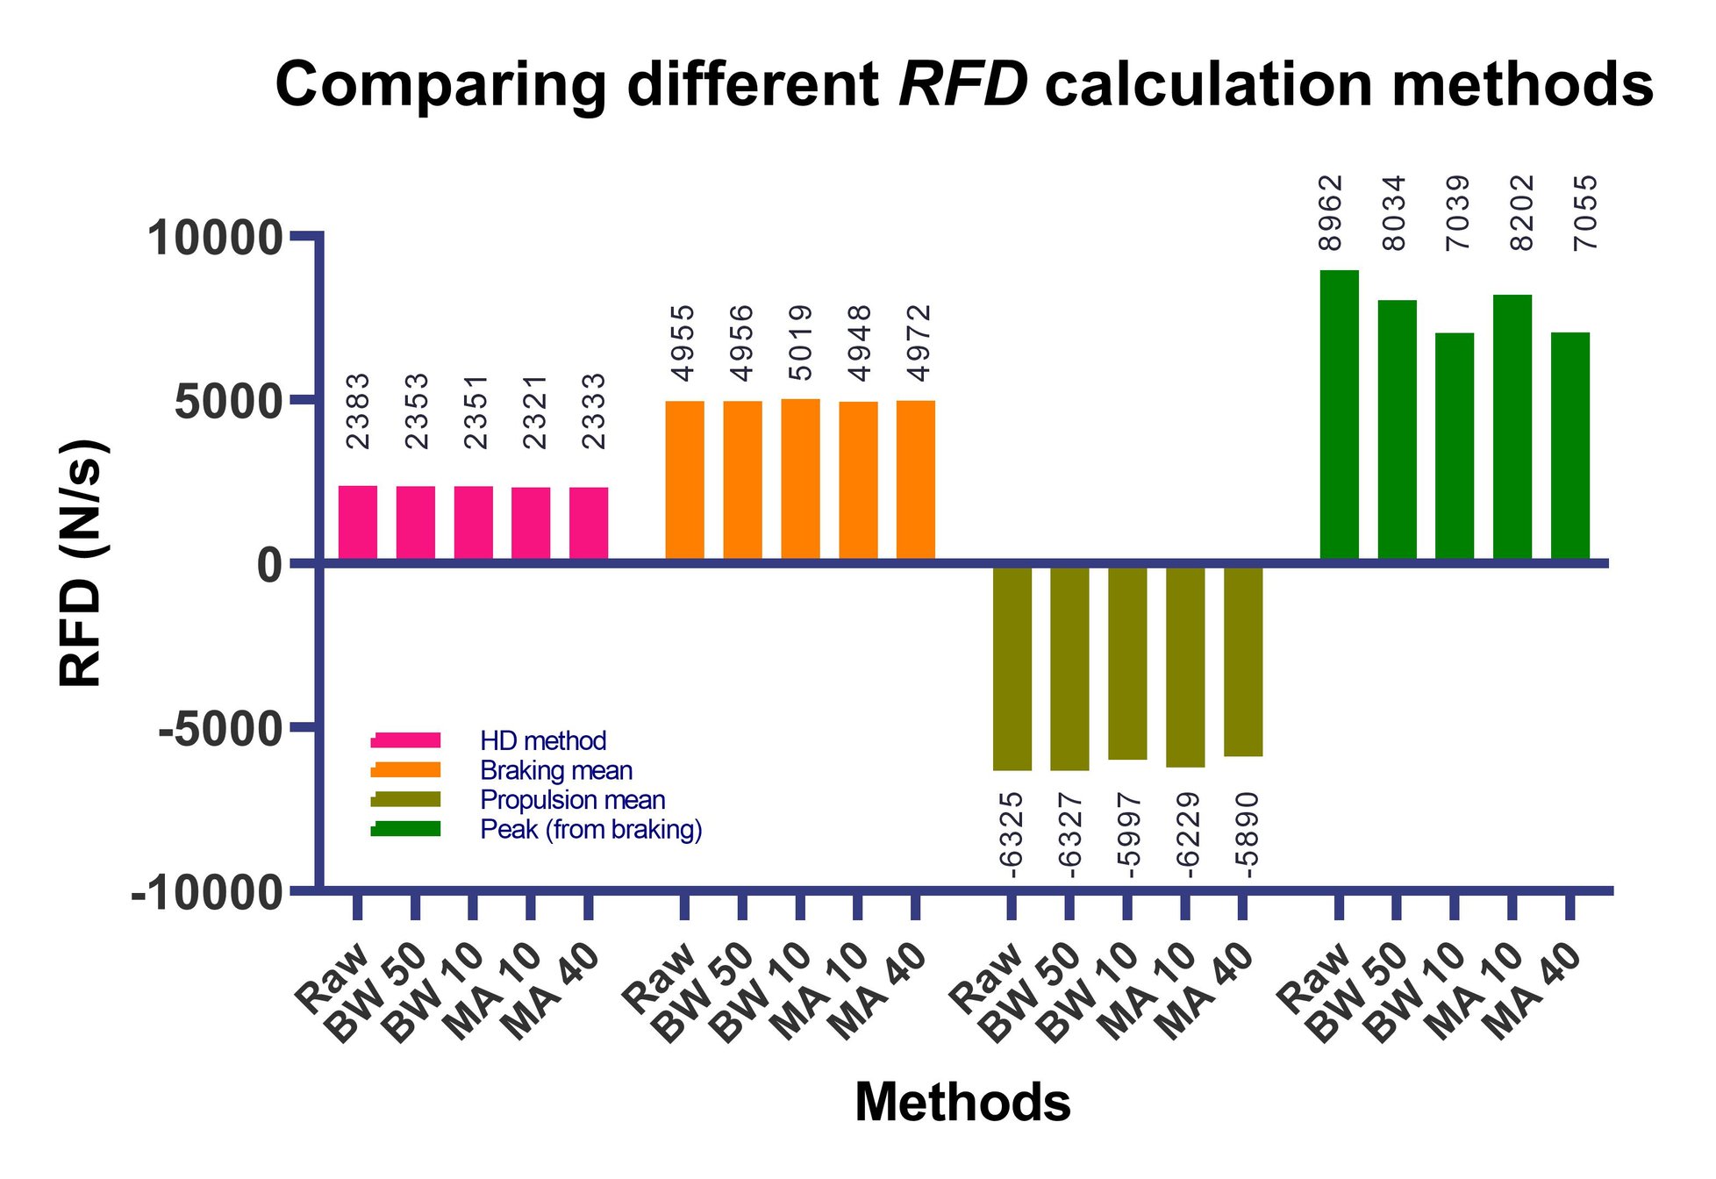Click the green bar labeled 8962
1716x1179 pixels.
(x=1339, y=415)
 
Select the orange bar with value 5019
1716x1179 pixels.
(x=800, y=479)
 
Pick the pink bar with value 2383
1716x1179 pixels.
(x=358, y=523)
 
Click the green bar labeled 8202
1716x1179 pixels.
(x=1512, y=427)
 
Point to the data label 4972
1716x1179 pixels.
(x=919, y=343)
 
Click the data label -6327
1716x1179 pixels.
(x=1069, y=834)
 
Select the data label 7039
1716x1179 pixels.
(x=1457, y=213)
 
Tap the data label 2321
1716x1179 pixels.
(x=535, y=411)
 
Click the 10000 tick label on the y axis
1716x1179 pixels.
(x=215, y=239)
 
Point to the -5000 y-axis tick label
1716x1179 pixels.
(x=221, y=729)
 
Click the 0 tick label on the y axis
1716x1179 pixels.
(x=269, y=565)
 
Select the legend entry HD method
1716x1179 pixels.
(x=543, y=741)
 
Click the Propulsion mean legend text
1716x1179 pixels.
(x=572, y=800)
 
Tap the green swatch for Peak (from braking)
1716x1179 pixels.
(x=405, y=829)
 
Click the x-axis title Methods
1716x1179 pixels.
(x=962, y=1102)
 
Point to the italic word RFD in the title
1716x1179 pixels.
(x=963, y=85)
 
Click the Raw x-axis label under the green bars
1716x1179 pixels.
(x=1314, y=977)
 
